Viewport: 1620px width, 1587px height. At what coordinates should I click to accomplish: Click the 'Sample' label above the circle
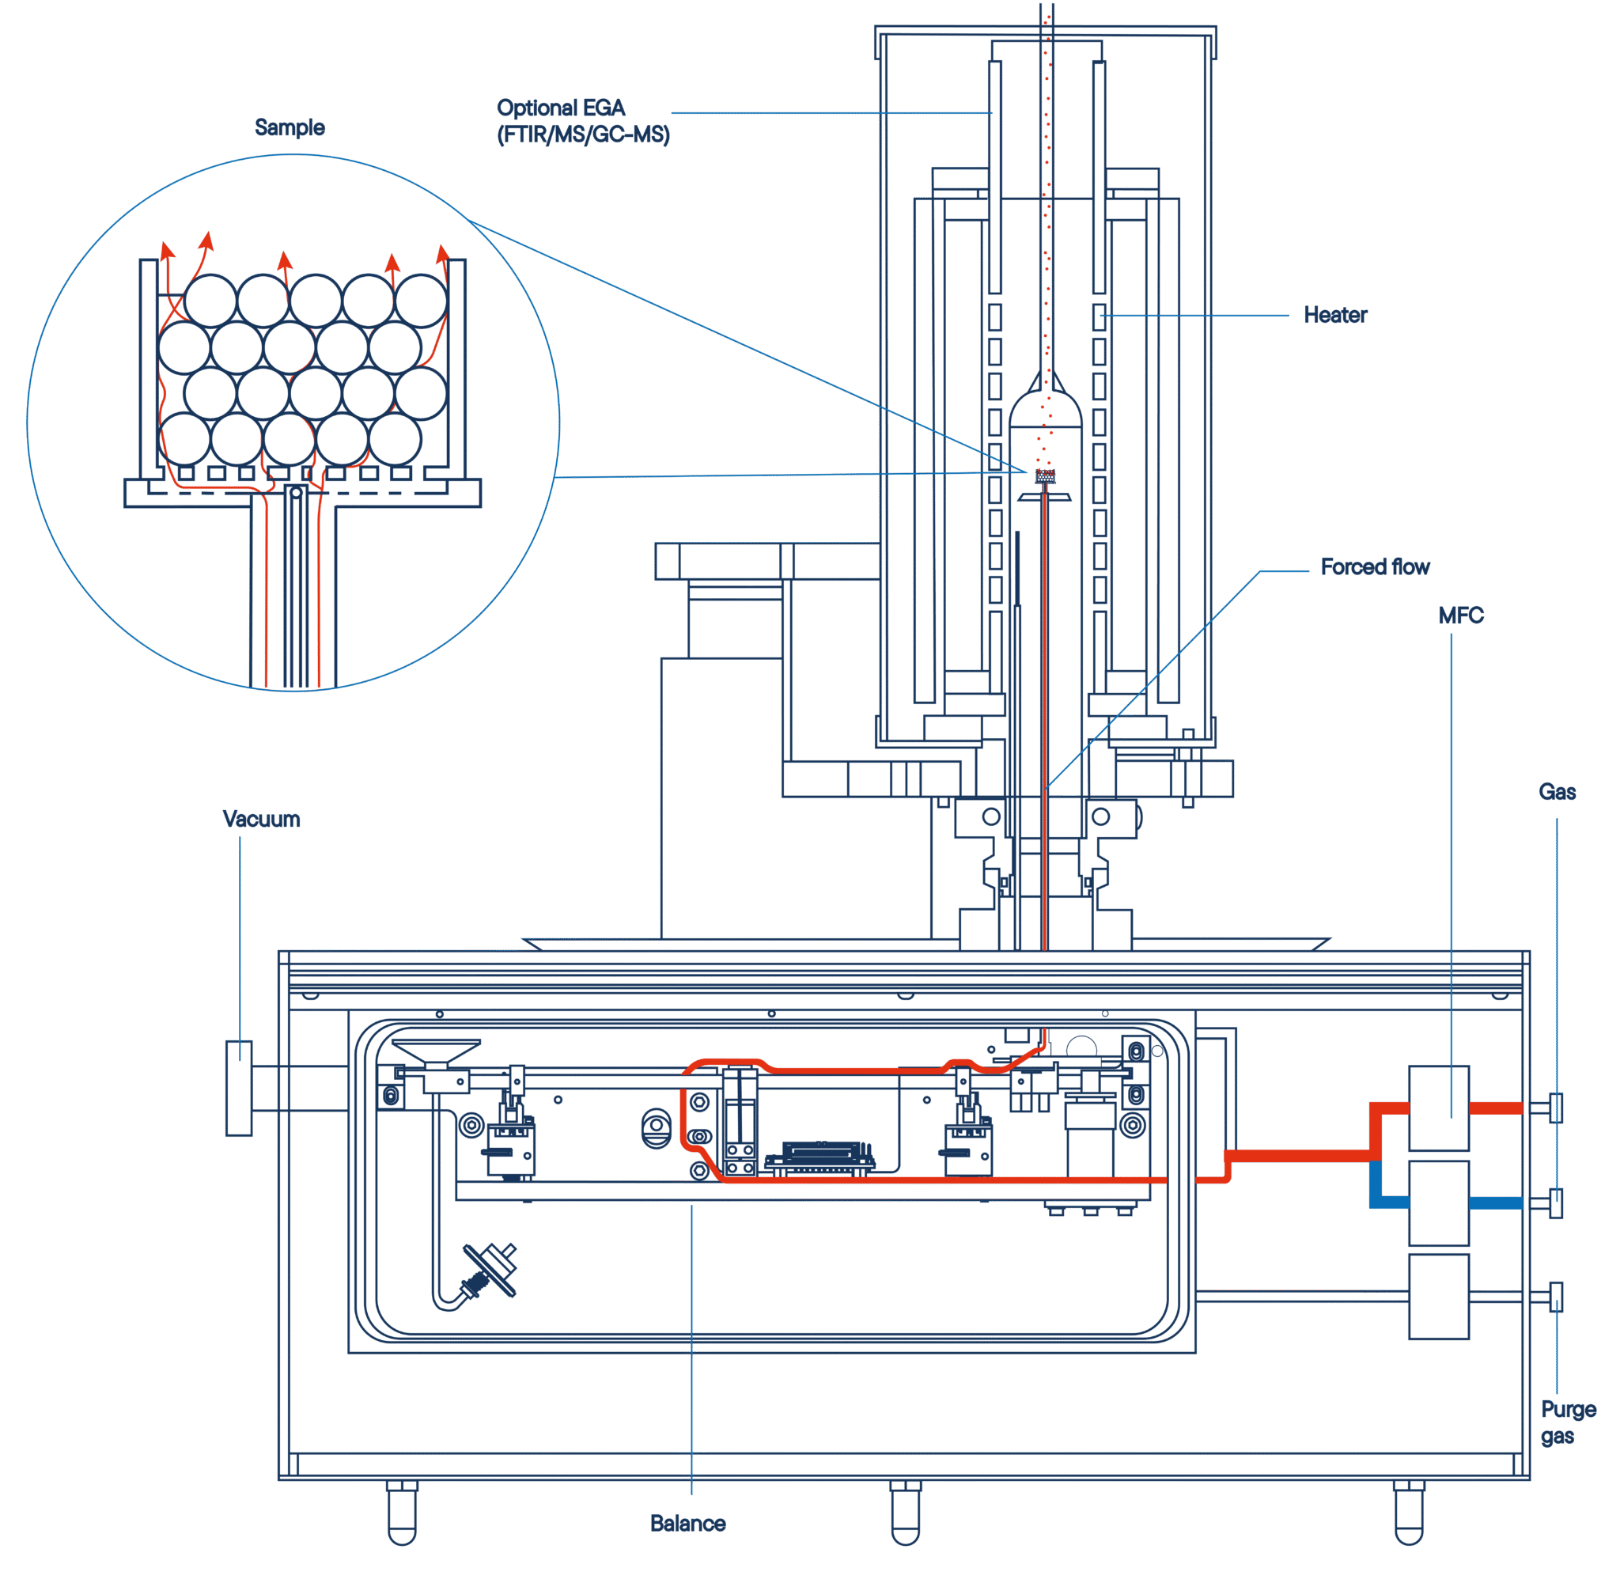(290, 127)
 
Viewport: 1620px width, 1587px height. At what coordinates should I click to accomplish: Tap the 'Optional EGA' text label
(561, 108)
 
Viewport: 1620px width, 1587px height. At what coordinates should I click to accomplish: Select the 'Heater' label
(1335, 315)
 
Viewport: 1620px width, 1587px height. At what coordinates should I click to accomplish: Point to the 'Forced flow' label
(1375, 566)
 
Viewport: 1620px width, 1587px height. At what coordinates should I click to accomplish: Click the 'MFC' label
(1461, 615)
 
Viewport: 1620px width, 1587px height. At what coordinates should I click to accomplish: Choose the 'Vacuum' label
(261, 819)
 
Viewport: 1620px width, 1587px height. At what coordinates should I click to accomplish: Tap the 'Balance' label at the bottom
(687, 1523)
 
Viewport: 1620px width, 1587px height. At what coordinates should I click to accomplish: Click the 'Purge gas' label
(1568, 1422)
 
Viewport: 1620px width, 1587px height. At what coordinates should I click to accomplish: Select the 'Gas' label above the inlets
(1557, 792)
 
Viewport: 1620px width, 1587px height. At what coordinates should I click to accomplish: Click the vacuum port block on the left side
(239, 1088)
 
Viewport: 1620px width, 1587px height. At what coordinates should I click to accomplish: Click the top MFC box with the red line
(1438, 1108)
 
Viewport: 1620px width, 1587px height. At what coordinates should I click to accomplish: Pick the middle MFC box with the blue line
(1438, 1203)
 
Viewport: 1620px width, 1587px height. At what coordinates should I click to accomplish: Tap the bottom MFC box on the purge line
(1438, 1296)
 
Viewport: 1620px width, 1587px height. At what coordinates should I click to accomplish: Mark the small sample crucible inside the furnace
(1045, 476)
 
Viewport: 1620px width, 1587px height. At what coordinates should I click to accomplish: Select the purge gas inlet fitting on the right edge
(1555, 1296)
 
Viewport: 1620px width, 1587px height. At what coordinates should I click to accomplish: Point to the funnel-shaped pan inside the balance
(436, 1054)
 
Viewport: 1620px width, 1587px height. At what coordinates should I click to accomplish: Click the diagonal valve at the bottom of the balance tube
(490, 1271)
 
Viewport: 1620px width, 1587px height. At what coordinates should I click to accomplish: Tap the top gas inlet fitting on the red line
(1555, 1108)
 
